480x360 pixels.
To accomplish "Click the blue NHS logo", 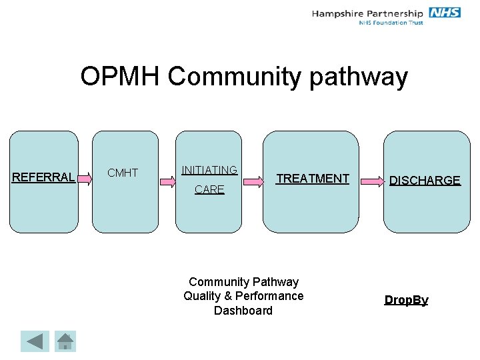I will (445, 13).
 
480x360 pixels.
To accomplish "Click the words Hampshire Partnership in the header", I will (367, 13).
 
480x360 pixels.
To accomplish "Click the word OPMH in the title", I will (120, 77).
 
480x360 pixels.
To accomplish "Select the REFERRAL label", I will (43, 177).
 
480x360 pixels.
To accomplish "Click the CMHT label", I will (123, 173).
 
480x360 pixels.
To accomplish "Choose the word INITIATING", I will (209, 171).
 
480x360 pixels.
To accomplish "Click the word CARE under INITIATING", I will (209, 190).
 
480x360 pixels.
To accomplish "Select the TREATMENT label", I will (313, 179).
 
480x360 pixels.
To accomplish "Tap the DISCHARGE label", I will (425, 181).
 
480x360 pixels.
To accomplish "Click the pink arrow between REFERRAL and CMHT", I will (84, 177).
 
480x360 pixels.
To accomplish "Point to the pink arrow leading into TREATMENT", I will (253, 179).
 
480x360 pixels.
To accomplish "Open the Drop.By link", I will (406, 300).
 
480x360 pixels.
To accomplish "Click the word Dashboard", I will (243, 311).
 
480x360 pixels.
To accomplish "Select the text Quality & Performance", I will (243, 296).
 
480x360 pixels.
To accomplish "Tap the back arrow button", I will (34, 341).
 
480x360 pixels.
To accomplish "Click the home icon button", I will (65, 341).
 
